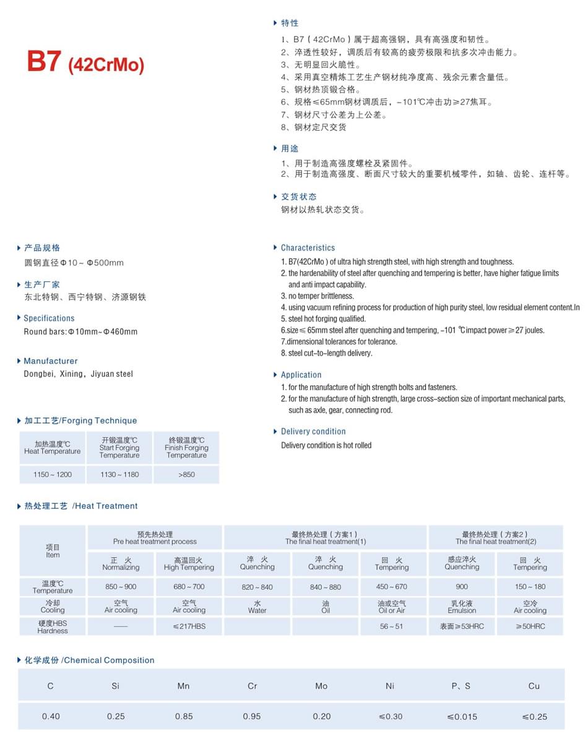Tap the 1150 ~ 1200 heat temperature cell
click(x=53, y=474)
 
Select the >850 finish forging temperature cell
click(x=186, y=474)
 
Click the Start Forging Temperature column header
click(x=119, y=448)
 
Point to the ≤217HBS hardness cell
click(x=189, y=626)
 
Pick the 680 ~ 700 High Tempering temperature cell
click(x=189, y=587)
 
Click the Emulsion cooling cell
click(x=462, y=607)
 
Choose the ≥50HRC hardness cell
click(x=530, y=626)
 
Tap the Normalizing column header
click(x=121, y=563)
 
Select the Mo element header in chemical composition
click(x=321, y=686)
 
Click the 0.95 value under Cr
click(x=253, y=717)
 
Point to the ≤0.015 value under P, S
click(x=462, y=717)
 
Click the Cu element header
click(x=534, y=686)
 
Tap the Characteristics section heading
click(x=308, y=247)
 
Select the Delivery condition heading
click(x=313, y=432)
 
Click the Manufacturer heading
click(x=51, y=361)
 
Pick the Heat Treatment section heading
click(x=81, y=506)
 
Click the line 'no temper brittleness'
click(x=321, y=296)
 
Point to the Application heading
click(x=301, y=375)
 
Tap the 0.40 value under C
click(x=51, y=717)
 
